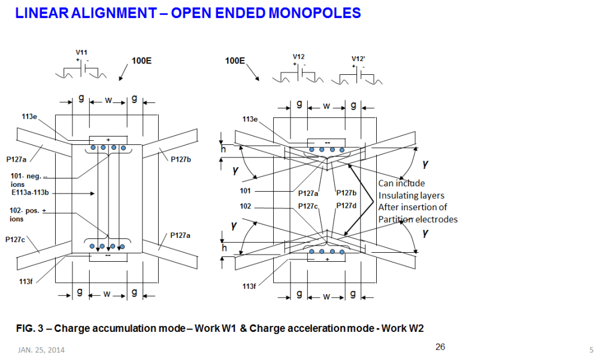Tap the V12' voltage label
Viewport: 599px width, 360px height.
tap(358, 58)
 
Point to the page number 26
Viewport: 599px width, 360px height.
tap(440, 347)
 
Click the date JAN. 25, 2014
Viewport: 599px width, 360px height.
tap(40, 350)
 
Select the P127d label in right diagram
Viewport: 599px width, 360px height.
tap(346, 205)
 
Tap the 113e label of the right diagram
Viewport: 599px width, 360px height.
tap(251, 119)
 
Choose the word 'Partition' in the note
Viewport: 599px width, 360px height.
tap(395, 219)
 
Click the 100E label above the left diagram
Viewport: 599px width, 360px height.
tap(141, 60)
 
